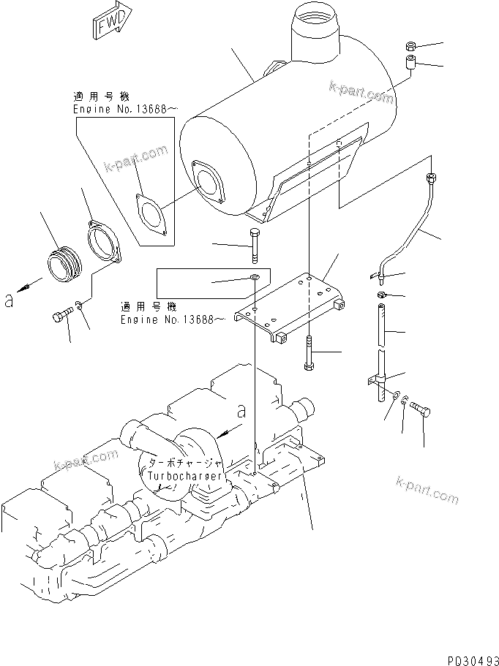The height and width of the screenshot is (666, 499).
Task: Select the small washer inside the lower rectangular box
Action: [252, 279]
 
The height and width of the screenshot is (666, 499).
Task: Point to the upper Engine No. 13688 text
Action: [124, 109]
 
